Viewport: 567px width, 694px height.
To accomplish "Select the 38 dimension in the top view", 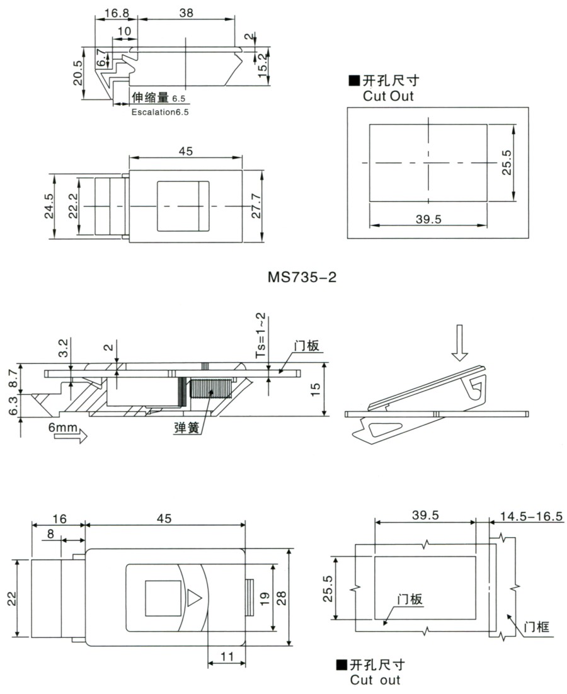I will coord(186,12).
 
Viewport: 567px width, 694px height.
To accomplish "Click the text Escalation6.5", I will coord(159,112).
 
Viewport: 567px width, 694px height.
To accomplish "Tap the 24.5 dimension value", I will coord(49,206).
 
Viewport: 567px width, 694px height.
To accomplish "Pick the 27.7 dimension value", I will coord(256,205).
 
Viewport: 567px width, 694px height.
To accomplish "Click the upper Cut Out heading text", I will coord(388,96).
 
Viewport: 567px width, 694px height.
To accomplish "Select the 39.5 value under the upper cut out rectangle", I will coord(428,218).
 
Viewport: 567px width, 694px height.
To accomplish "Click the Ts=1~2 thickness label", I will coord(260,335).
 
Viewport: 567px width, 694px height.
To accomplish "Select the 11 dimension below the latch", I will coord(226,656).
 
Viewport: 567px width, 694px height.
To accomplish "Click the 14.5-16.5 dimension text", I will coord(530,516).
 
